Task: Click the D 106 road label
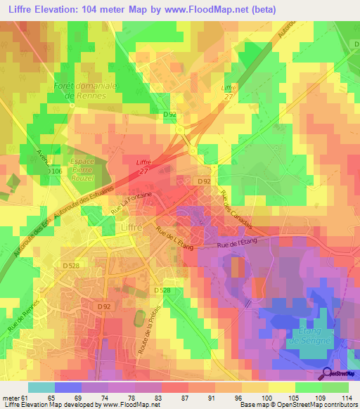(x=56, y=171)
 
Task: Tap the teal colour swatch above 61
(x=41, y=387)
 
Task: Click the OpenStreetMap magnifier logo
(x=327, y=374)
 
